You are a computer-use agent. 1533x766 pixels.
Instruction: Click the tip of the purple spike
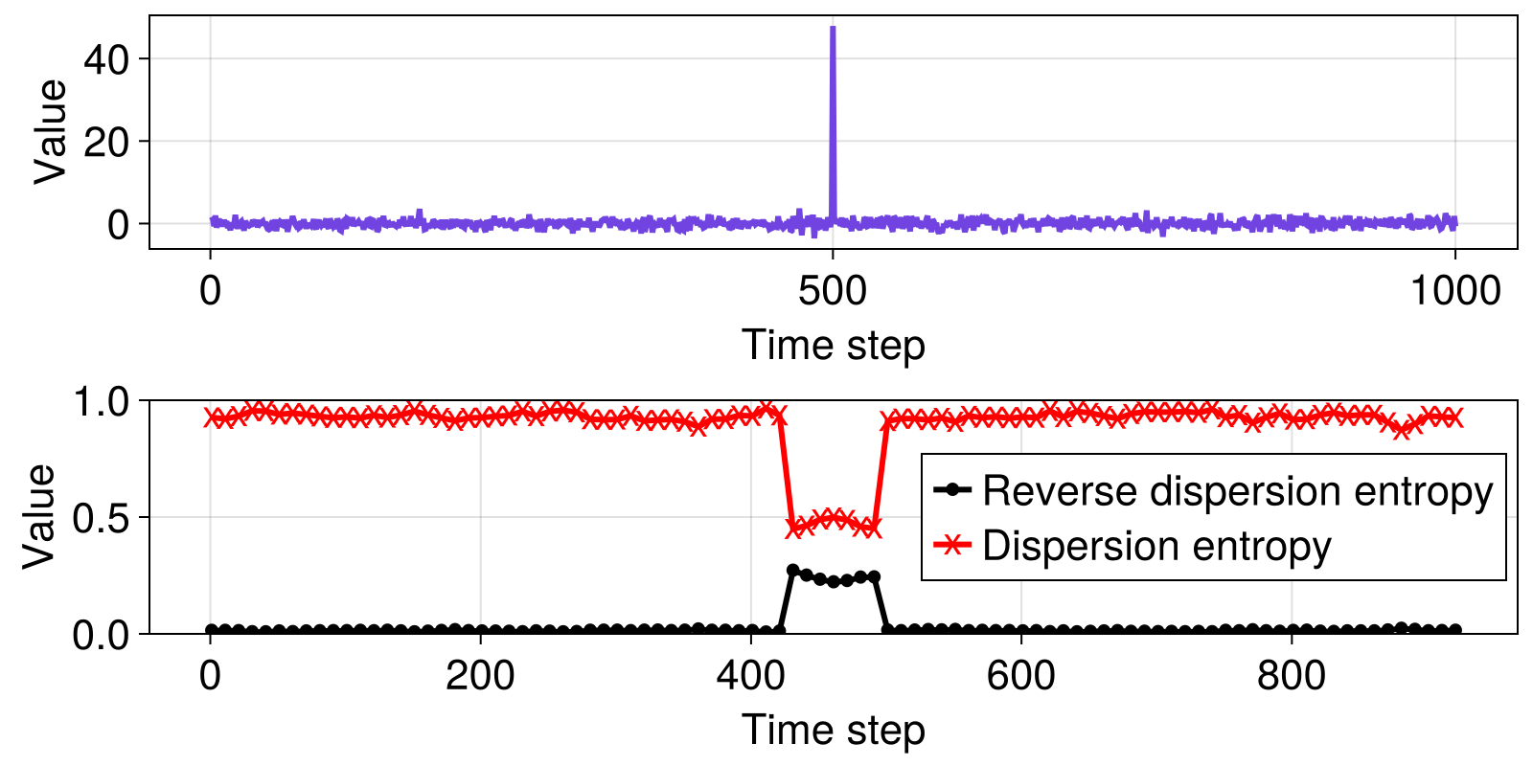click(833, 28)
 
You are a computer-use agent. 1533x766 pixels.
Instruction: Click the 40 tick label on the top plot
click(106, 59)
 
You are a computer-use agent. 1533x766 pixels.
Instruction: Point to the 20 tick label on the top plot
click(106, 143)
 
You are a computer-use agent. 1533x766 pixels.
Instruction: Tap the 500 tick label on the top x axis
click(833, 291)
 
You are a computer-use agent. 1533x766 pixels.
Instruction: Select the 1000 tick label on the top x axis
click(1455, 291)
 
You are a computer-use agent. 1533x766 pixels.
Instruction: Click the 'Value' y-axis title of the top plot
click(49, 132)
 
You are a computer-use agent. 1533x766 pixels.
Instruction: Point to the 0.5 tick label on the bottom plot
click(101, 518)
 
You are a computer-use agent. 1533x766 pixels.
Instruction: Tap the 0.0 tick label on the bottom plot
click(101, 636)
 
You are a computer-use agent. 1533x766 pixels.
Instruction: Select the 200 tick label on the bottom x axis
click(480, 676)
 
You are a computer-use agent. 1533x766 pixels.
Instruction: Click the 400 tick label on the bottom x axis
click(750, 676)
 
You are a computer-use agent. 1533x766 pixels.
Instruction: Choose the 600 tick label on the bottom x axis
click(1020, 676)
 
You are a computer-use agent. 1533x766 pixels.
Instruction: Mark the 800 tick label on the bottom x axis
click(1291, 676)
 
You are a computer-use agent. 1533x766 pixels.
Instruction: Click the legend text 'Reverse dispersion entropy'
click(1237, 490)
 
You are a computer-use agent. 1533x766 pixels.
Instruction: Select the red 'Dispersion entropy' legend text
click(1156, 545)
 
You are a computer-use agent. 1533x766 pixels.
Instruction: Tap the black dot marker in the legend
click(952, 489)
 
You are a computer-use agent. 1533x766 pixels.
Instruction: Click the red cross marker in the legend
click(952, 545)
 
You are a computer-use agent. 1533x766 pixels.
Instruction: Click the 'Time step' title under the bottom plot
click(833, 729)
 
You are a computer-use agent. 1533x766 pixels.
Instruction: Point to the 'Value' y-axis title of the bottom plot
click(38, 516)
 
